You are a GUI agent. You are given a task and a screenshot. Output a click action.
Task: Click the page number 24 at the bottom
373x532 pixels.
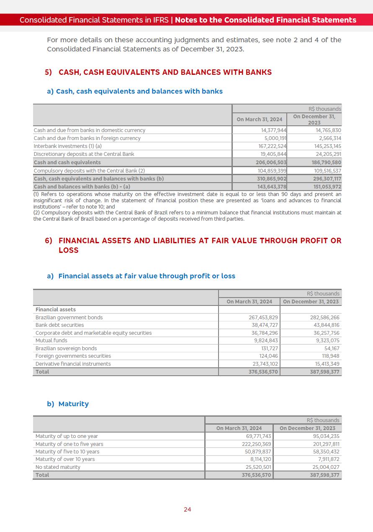(x=187, y=509)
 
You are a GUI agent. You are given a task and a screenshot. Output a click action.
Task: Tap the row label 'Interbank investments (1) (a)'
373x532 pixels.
(x=67, y=146)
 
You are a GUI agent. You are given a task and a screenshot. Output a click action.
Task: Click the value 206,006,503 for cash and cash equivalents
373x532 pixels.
(x=271, y=163)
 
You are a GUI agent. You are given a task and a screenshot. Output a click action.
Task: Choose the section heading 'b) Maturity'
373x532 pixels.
(x=68, y=404)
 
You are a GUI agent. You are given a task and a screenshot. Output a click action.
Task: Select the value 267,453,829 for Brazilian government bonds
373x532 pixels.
(x=263, y=318)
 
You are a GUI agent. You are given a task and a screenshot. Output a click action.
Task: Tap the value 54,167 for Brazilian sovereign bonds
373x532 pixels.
(x=332, y=349)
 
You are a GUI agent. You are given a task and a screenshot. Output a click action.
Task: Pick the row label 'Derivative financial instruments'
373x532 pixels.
(x=73, y=364)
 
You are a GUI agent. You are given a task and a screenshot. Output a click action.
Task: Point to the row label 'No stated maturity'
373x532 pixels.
(x=58, y=467)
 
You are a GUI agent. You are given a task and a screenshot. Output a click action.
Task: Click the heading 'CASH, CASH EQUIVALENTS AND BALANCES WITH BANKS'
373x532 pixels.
(x=165, y=72)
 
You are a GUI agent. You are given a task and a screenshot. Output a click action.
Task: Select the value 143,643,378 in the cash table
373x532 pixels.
(x=272, y=187)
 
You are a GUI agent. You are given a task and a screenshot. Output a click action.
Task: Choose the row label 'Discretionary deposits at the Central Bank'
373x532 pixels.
(x=84, y=154)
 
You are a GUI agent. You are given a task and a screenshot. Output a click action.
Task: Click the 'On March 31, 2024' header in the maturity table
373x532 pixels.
(x=239, y=428)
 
